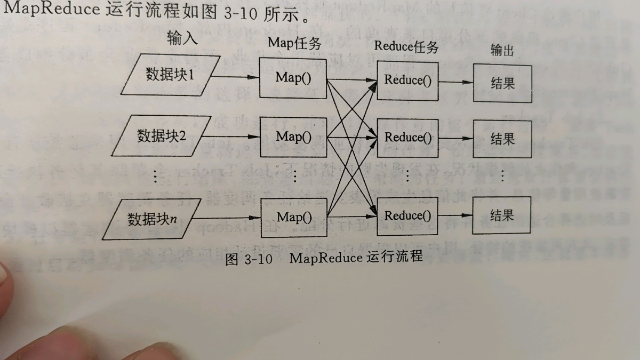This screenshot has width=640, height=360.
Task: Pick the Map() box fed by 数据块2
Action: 293,136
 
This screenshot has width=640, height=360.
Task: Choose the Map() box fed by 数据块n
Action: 293,217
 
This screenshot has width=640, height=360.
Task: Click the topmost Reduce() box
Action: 407,81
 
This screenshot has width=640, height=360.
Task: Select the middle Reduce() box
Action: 408,137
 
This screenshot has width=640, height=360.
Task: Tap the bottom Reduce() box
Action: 407,216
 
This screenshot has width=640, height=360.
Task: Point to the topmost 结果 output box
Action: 502,83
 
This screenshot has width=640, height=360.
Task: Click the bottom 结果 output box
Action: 502,215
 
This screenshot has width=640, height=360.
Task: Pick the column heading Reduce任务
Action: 406,46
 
